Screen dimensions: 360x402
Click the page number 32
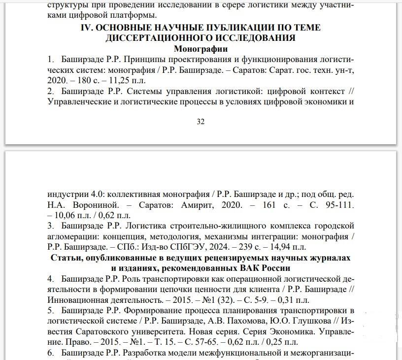201,122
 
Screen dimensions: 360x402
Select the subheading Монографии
201,49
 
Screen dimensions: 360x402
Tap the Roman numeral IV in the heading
87,28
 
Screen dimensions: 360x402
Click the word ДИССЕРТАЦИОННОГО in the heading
155,38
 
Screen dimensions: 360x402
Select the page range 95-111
337,204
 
